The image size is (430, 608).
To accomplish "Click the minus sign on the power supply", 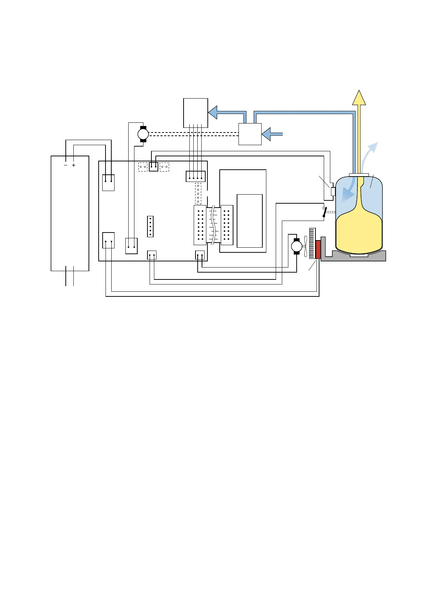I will click(x=65, y=165).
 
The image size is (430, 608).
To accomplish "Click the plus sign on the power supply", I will click(x=74, y=165).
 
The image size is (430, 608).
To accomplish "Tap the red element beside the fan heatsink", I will click(x=318, y=249).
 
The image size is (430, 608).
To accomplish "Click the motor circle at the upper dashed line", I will click(x=143, y=134).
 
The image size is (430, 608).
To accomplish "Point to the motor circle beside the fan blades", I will click(x=296, y=247).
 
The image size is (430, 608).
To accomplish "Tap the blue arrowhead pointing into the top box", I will click(x=213, y=112).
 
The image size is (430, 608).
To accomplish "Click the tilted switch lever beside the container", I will click(x=325, y=212).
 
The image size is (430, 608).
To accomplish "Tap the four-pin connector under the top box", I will click(x=195, y=177).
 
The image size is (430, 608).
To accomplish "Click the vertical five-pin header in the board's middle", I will click(x=150, y=226).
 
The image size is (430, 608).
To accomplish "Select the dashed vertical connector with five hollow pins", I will click(x=198, y=194).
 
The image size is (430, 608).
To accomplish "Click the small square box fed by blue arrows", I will click(x=250, y=134).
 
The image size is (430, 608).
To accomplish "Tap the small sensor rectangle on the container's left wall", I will click(x=333, y=191).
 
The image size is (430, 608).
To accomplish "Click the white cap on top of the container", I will click(x=359, y=175).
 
